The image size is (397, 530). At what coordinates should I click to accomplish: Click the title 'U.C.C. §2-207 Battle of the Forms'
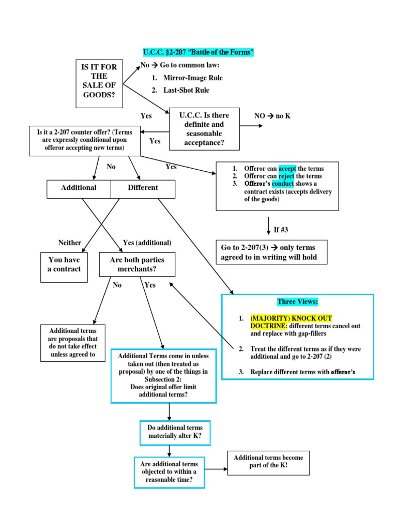[x=198, y=53]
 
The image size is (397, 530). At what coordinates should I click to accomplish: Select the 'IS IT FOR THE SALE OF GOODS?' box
[x=99, y=83]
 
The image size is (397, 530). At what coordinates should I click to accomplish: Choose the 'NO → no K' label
[x=272, y=116]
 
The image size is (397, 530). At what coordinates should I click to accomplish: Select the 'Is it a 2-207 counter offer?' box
[x=84, y=140]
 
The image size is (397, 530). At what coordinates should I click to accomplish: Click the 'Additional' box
[x=79, y=188]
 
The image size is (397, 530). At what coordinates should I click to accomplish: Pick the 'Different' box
[x=143, y=188]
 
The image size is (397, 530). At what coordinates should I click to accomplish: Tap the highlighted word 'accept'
[x=286, y=169]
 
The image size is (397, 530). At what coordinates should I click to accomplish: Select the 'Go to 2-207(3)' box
[x=271, y=253]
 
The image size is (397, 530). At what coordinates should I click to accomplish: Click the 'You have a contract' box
[x=64, y=265]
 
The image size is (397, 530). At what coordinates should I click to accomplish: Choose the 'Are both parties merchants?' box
[x=133, y=265]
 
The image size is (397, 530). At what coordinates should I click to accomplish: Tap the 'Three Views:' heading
[x=297, y=302]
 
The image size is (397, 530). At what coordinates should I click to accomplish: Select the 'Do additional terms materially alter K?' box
[x=169, y=432]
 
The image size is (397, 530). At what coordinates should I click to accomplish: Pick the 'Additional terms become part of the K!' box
[x=268, y=462]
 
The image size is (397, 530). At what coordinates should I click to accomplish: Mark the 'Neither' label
[x=70, y=243]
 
